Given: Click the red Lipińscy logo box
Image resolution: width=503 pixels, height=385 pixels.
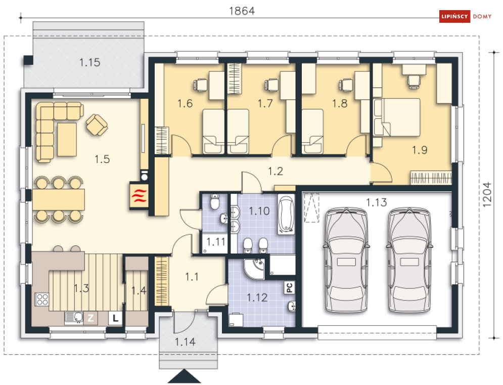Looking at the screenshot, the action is coord(454,16).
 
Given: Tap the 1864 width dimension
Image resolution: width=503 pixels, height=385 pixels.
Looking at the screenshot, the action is coord(242,11).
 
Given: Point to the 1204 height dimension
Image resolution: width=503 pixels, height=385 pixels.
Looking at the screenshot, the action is coord(487,194).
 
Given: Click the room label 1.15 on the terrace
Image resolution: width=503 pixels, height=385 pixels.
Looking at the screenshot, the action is coord(90,62).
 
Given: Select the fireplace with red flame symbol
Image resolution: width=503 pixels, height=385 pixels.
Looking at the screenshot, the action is coord(139,196).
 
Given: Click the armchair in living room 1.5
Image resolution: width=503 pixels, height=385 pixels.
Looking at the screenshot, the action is coord(97,125).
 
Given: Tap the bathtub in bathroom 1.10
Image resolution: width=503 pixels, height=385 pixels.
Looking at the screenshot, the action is coord(286,214).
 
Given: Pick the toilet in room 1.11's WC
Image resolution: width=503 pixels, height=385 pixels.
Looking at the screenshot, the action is coord(215,201).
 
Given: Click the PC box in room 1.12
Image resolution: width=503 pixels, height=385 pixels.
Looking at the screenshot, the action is coord(289,287).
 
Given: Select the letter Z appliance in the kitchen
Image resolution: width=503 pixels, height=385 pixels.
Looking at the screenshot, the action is coord(90,318).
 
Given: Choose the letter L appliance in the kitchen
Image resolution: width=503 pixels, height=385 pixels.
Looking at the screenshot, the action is coord(115,318).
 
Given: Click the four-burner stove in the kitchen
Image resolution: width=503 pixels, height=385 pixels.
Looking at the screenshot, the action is coord(42,300).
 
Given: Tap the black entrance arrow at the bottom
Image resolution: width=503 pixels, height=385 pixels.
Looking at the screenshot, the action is coord(184,376).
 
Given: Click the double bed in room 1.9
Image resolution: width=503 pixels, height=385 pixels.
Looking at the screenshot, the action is coord(397,117).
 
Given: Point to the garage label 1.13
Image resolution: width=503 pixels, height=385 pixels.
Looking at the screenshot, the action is coord(376,202).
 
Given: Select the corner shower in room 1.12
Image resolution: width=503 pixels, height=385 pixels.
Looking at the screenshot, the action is coord(254,269).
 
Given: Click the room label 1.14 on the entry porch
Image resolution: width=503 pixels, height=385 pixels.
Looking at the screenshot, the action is coord(185,341).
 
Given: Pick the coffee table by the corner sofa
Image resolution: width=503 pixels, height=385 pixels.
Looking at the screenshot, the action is coord(67,139).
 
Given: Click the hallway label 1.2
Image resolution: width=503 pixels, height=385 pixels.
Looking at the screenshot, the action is coord(275,171).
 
